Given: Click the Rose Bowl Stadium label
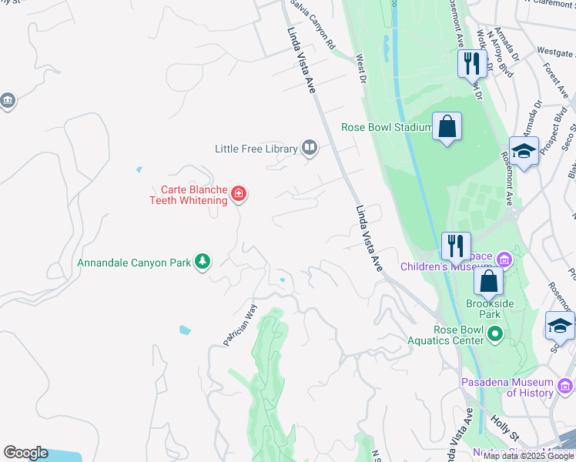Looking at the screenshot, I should point(387,127).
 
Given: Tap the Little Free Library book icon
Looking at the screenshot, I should point(310,147).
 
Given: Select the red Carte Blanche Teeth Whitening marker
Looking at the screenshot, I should point(239,193).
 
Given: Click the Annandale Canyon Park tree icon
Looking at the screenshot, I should point(202,263).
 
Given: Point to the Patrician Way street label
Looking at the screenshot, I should point(240,325).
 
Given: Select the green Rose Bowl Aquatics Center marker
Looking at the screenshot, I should point(495,334).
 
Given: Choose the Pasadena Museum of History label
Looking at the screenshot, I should point(507,387).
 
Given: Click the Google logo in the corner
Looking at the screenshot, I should point(25,453).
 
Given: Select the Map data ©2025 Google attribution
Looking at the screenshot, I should point(528,456).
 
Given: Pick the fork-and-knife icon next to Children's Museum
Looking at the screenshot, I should point(456,246).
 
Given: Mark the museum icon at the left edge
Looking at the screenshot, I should point(8,101).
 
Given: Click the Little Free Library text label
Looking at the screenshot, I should point(256,148).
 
